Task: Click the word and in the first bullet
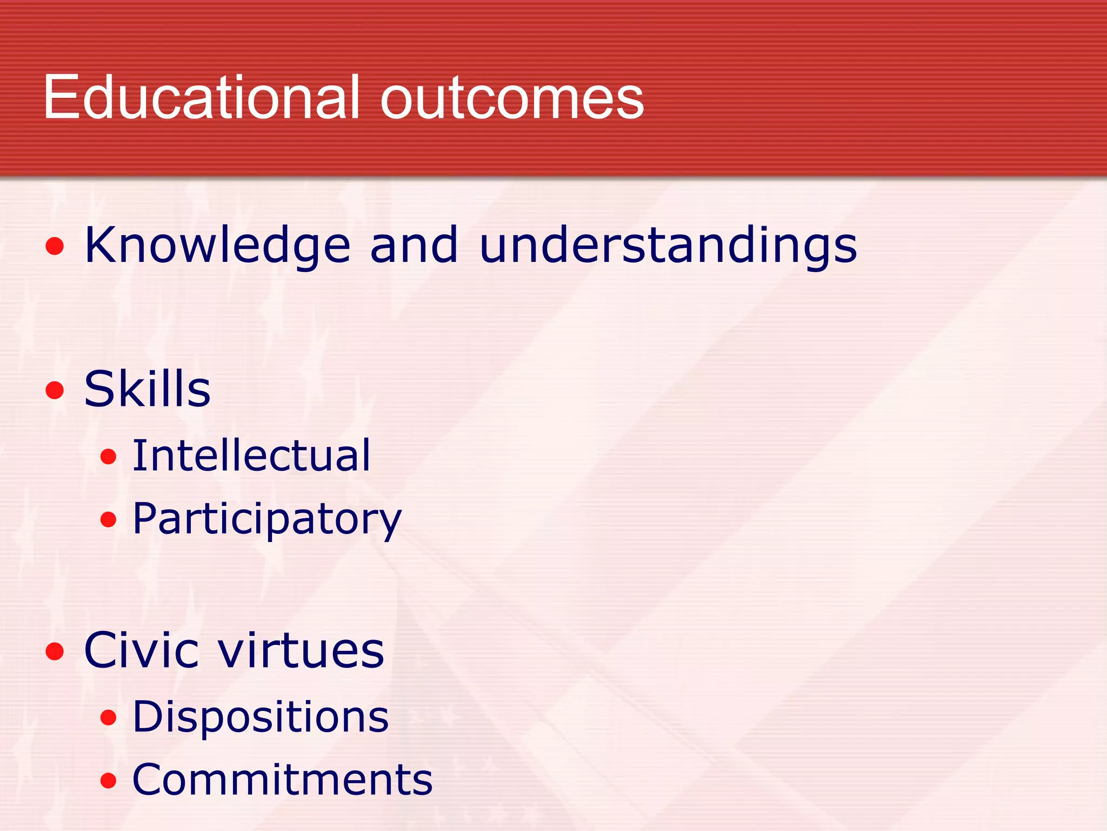coord(414,245)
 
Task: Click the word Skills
coord(147,389)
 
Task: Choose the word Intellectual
coord(251,456)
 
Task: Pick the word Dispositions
coord(261,717)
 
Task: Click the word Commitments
coord(283,780)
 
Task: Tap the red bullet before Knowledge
coord(55,247)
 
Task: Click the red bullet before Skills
coord(55,390)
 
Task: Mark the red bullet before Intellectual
coord(109,457)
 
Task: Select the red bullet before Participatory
coord(109,519)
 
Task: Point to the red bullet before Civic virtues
coord(55,651)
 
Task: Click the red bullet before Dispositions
coord(109,717)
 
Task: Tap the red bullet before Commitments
coord(109,780)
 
